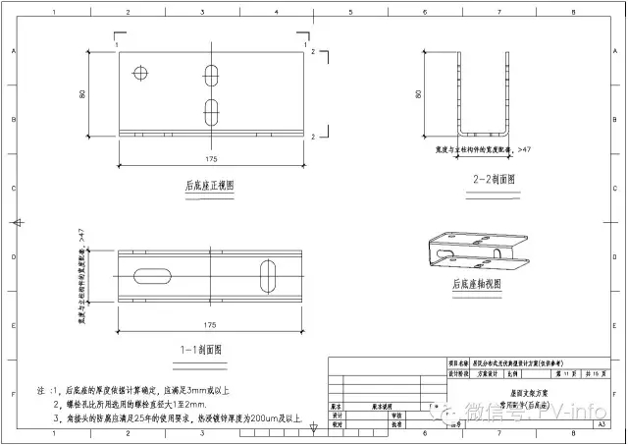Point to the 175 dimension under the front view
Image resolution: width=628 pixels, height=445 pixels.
[210, 158]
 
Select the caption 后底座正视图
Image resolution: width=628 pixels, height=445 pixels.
[210, 185]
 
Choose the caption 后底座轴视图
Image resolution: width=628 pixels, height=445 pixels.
[477, 284]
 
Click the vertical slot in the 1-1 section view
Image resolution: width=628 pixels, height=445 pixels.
[268, 276]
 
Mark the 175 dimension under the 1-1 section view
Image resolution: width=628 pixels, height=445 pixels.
[210, 324]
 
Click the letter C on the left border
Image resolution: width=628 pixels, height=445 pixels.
[12, 187]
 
